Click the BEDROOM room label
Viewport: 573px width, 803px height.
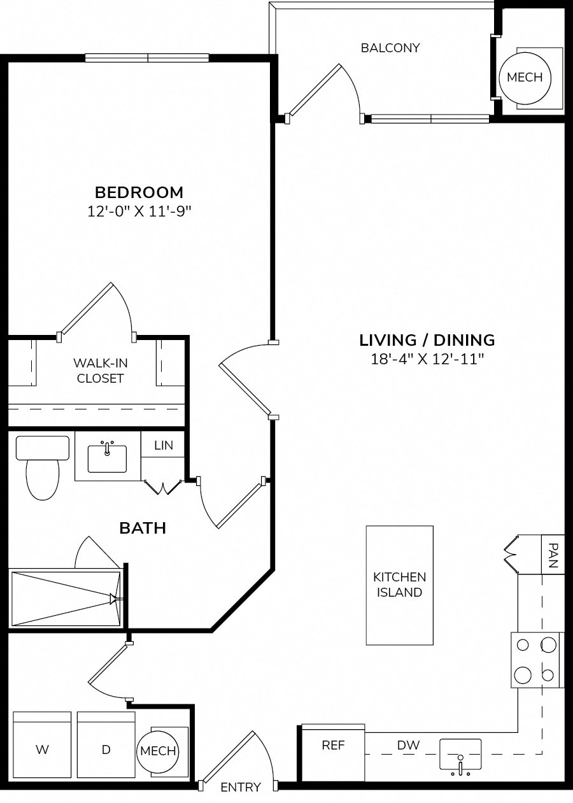pyautogui.click(x=139, y=192)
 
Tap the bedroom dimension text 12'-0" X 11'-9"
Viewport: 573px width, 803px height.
pyautogui.click(x=139, y=211)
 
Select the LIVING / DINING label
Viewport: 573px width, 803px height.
pyautogui.click(x=427, y=340)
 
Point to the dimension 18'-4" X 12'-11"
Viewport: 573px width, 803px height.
pyautogui.click(x=427, y=359)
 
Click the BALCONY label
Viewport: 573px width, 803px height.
pyautogui.click(x=390, y=48)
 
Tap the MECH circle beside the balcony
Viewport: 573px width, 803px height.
pyautogui.click(x=525, y=78)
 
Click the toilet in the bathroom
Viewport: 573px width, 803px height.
pyautogui.click(x=43, y=467)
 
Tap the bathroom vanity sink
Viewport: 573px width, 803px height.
pyautogui.click(x=107, y=458)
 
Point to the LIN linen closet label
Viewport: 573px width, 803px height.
pyautogui.click(x=164, y=445)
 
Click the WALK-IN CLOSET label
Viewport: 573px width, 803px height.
pyautogui.click(x=101, y=371)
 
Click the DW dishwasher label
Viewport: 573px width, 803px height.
pyautogui.click(x=408, y=745)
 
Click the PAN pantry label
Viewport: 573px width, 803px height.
pyautogui.click(x=553, y=555)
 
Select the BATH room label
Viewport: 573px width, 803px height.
pyautogui.click(x=143, y=529)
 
